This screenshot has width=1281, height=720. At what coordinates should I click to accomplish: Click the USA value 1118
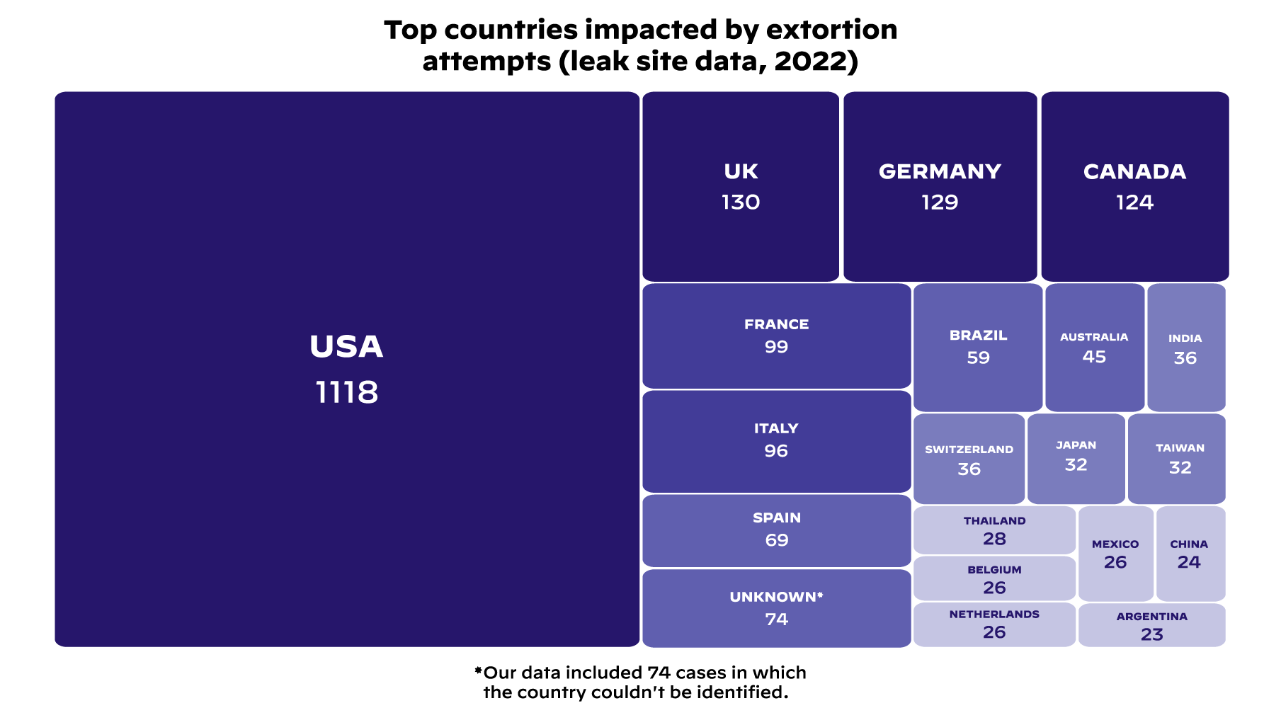coord(346,392)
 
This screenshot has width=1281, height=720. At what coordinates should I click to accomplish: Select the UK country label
coord(741,171)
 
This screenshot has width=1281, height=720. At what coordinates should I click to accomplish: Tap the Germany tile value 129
coord(940,202)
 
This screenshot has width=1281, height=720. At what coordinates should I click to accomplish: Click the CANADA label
coord(1134,171)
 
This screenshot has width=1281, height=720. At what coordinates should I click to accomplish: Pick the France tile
coord(776,336)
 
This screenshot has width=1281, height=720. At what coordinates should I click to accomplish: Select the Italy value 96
coord(776,451)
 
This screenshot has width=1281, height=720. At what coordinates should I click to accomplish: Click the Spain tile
coord(776,530)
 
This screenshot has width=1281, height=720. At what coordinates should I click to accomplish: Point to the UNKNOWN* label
coord(776,597)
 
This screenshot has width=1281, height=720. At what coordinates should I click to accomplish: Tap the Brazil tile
coord(978,347)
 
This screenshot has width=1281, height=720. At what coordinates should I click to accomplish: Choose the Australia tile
coord(1094,347)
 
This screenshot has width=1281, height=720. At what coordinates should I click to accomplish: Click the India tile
coord(1185,348)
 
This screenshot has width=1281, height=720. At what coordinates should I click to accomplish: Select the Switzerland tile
coord(969,459)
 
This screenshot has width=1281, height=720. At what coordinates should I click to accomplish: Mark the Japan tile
coord(1076,457)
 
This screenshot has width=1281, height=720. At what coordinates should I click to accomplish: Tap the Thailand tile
coord(994,530)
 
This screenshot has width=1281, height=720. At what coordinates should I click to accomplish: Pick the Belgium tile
coord(994,578)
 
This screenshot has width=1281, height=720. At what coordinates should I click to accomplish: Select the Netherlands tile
coord(994,624)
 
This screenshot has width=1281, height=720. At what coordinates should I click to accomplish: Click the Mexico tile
coord(1115,554)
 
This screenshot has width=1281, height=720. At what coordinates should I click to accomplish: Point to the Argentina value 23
coord(1151,634)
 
